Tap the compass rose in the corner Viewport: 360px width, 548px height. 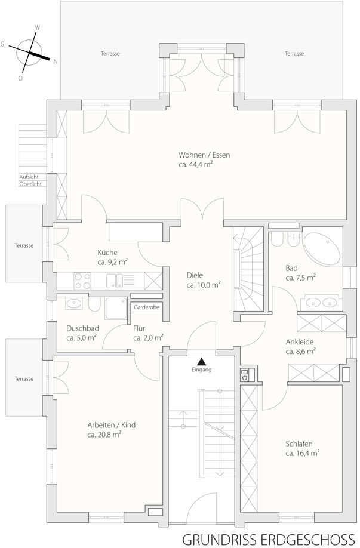[x=29, y=53]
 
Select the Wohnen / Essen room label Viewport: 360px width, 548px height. [x=204, y=155]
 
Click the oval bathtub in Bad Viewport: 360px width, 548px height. [x=321, y=248]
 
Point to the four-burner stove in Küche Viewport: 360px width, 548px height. [x=82, y=281]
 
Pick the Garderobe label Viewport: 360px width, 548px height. [x=146, y=307]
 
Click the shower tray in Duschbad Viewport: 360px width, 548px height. [x=116, y=308]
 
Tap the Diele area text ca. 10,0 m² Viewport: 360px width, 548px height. [x=204, y=285]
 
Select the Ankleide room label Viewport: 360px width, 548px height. [x=300, y=341]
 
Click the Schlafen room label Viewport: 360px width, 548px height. [x=299, y=444]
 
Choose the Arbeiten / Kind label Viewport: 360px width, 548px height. [x=112, y=425]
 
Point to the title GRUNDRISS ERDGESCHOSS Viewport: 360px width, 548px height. [x=268, y=539]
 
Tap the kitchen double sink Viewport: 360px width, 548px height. [x=115, y=281]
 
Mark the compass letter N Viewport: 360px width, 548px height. [x=55, y=62]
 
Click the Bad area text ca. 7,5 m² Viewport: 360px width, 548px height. [x=300, y=278]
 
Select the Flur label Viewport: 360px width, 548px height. [x=139, y=328]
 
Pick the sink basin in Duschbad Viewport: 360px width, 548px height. [x=74, y=303]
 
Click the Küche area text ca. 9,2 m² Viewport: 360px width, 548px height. [x=113, y=262]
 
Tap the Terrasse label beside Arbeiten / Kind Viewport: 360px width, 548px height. [x=24, y=378]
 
